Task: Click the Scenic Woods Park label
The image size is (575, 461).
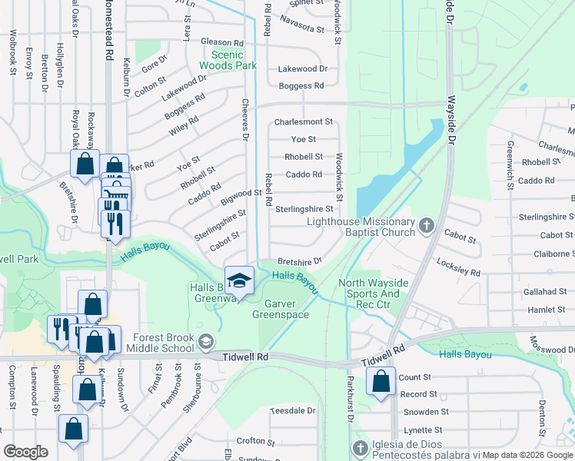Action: point(228,60)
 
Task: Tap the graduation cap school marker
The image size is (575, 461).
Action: point(239,280)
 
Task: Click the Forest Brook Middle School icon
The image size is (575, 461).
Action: point(205,340)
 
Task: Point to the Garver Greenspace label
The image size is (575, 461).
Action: point(281,308)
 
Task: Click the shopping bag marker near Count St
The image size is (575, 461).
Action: point(381,381)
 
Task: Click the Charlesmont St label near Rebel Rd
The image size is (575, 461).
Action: point(304,122)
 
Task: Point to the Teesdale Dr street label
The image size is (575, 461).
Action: point(293,411)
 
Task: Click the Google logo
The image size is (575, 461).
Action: point(25,452)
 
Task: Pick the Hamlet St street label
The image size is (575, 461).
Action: point(547,310)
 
